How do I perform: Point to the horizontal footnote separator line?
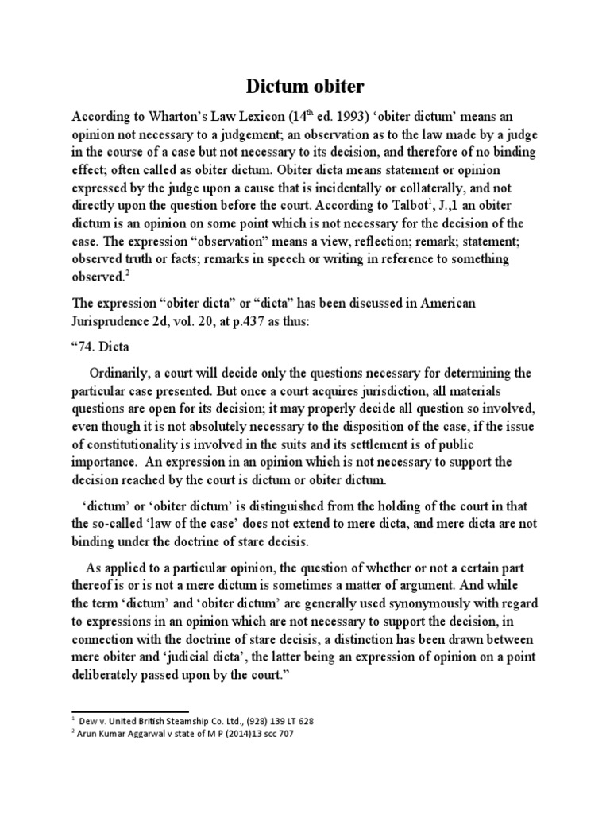tap(130, 711)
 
